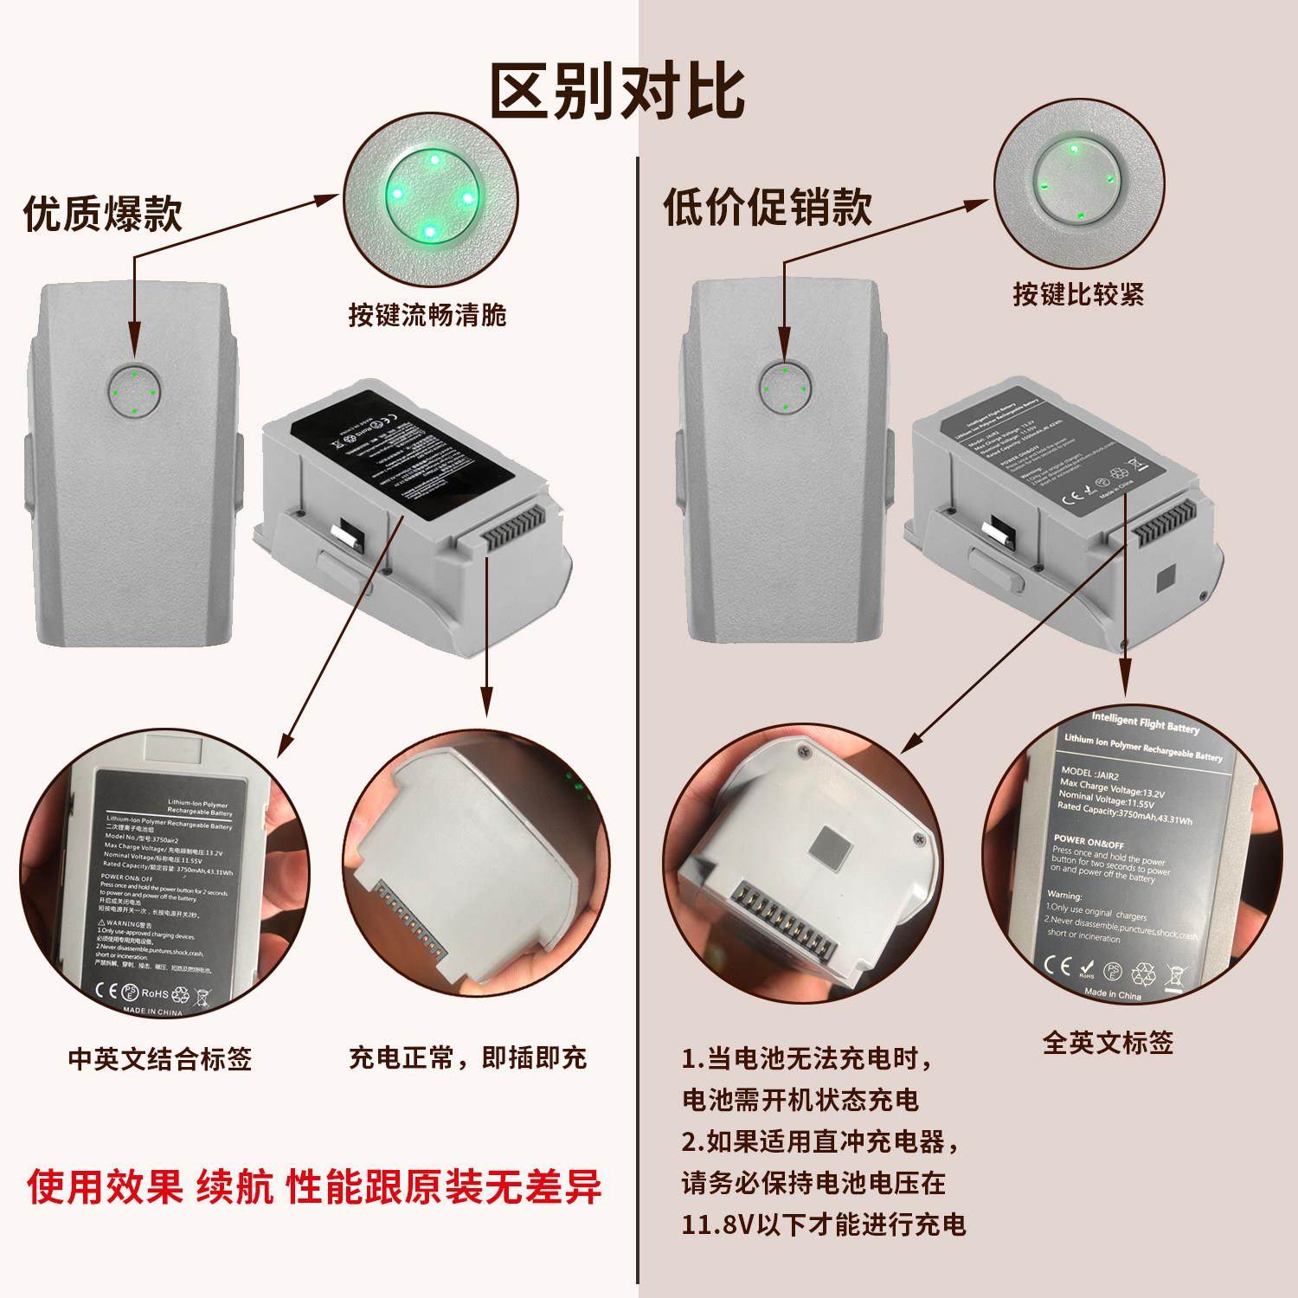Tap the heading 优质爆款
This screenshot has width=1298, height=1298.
coord(103,213)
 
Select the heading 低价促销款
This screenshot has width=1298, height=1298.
coord(768,207)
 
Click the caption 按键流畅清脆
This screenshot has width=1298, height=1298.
coord(427,314)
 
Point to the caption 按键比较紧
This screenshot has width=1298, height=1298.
coord(1078,294)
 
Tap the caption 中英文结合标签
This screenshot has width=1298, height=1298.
coord(160,1058)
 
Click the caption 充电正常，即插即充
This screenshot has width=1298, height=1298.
coord(467,1057)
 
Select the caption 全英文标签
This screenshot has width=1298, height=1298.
coord(1108,1043)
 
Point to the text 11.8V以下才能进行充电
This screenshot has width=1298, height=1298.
coord(823,1224)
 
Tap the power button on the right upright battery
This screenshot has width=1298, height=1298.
coord(785,389)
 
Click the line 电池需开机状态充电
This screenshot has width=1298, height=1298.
coord(800,1100)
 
